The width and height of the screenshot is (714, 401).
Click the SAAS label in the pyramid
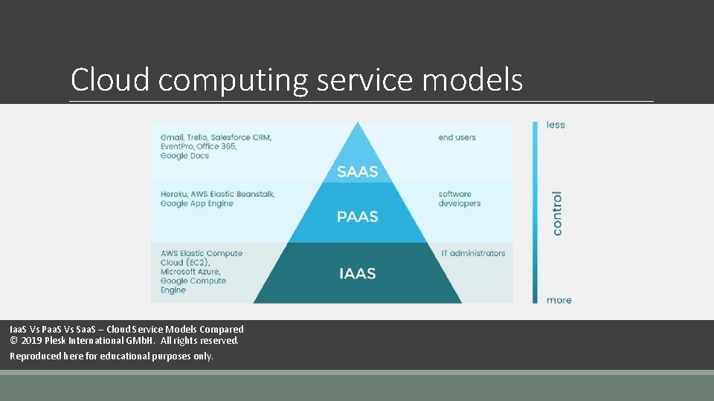(357, 172)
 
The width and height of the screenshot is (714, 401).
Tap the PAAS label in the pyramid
(357, 217)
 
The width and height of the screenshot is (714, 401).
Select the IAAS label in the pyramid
(357, 273)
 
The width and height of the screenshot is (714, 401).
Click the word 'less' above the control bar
(556, 125)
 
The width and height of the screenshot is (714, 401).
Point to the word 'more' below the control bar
(559, 300)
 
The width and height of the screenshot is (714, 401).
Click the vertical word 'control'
(557, 213)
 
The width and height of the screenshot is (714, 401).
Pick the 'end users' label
(457, 137)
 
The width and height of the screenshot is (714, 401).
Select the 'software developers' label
(459, 198)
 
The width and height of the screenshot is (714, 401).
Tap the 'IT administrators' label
(473, 253)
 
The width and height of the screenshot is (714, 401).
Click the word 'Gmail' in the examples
(173, 137)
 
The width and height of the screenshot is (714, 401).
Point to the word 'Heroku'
(175, 194)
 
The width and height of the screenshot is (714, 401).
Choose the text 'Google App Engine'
(196, 203)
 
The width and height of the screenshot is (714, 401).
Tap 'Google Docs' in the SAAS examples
(184, 156)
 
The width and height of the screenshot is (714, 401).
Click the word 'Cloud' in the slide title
(110, 80)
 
